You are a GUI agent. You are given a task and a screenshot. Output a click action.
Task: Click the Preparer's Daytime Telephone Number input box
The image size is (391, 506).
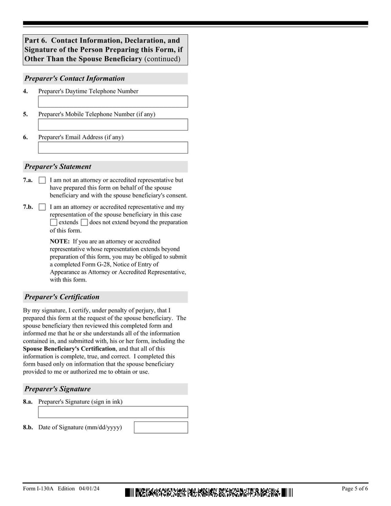(113, 102)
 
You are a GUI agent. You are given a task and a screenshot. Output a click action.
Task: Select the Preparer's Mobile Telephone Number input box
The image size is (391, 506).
(113, 125)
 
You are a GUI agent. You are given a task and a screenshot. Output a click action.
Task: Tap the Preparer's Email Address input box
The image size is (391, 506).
(113, 148)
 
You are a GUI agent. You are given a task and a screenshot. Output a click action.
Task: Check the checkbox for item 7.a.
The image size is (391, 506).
(42, 180)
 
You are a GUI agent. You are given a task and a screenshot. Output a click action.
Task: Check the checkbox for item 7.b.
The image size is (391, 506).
(42, 207)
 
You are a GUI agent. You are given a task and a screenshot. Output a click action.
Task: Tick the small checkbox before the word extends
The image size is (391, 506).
(54, 222)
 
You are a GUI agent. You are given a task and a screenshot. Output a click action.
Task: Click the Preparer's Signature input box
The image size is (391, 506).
(113, 412)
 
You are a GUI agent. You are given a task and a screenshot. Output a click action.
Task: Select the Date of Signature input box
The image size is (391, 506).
(161, 427)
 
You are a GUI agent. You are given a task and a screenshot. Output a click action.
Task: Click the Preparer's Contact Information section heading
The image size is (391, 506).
(75, 79)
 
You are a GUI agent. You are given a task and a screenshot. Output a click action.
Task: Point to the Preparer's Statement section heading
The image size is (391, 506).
(58, 167)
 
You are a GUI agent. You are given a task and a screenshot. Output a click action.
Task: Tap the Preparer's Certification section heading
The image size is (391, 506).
(62, 297)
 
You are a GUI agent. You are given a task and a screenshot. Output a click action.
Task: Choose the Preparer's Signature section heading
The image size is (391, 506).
(58, 389)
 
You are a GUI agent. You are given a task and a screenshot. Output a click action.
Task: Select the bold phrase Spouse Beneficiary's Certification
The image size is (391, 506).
(69, 349)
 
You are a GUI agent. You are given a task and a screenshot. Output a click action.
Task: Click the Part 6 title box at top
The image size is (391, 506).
(105, 50)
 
